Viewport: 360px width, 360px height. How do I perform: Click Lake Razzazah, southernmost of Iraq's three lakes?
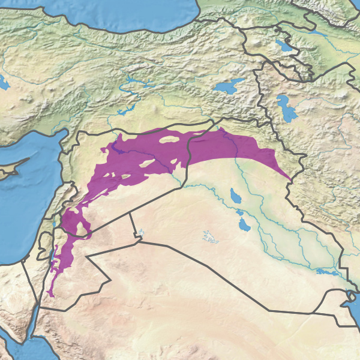[244, 225]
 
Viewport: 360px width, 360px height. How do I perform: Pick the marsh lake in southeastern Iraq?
[326, 272]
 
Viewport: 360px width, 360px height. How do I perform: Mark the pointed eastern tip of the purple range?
[292, 181]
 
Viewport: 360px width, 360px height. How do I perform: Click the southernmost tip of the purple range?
[49, 295]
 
